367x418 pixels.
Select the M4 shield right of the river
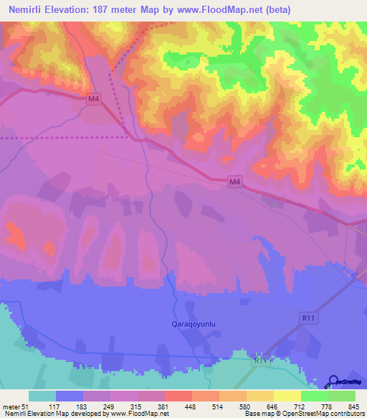(234, 182)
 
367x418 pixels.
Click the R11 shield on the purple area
(308, 316)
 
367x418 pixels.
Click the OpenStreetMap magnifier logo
(334, 381)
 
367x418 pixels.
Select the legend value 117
(54, 406)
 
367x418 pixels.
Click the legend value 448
(191, 406)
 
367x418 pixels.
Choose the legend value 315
(137, 406)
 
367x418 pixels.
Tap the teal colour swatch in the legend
(42, 396)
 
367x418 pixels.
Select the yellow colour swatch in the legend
(287, 396)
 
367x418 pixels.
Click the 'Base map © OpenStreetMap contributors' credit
(302, 414)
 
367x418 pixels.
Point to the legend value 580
(246, 406)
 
